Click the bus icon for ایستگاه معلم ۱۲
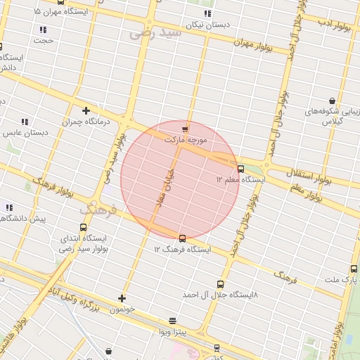click(x=241, y=169)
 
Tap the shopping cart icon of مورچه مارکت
click(x=185, y=129)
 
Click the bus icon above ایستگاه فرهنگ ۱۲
click(x=183, y=239)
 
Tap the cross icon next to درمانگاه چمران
click(x=86, y=110)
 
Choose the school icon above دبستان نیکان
click(x=207, y=13)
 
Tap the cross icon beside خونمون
click(x=122, y=298)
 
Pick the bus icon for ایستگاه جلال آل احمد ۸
click(x=221, y=284)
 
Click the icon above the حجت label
click(x=43, y=30)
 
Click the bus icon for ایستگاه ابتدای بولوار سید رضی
click(x=84, y=228)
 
